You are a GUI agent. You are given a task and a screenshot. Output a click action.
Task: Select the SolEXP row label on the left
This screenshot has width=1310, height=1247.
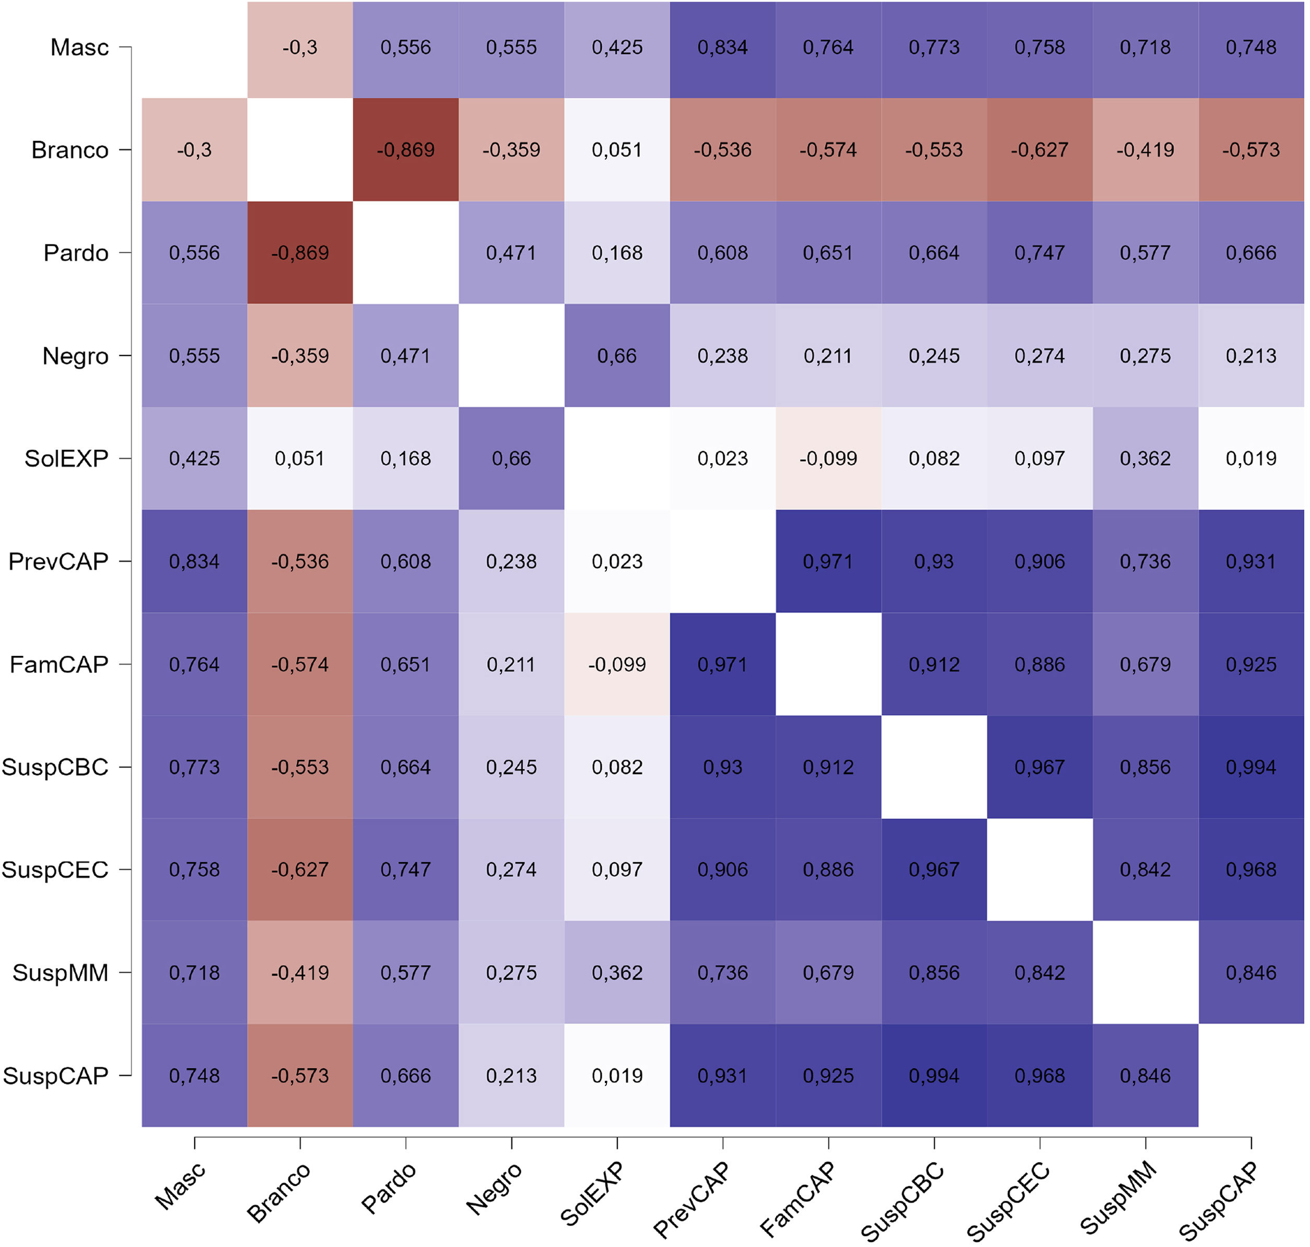pos(66,458)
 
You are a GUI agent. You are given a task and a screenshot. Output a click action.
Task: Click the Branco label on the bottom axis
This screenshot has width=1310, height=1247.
pos(278,1193)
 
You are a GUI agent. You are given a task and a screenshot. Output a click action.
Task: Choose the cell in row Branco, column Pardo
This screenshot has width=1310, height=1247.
pos(406,149)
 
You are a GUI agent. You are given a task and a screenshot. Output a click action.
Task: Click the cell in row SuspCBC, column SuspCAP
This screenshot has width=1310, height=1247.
pos(1251,767)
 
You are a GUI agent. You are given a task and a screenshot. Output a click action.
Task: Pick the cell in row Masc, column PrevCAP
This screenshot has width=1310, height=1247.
pos(723,47)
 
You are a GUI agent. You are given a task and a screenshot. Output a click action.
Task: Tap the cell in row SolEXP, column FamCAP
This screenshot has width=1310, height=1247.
pos(828,458)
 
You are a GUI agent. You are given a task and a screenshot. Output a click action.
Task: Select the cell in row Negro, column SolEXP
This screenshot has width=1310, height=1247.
pos(617,356)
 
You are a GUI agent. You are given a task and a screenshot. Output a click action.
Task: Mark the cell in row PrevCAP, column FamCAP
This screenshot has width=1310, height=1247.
pos(828,562)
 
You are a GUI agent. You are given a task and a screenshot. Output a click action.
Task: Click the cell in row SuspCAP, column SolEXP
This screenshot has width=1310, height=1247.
pos(617,1076)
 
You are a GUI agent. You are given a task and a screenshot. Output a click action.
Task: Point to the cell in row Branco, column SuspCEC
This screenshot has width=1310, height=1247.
pos(1040,149)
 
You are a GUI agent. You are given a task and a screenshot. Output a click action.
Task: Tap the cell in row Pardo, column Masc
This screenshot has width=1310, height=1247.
pos(194,253)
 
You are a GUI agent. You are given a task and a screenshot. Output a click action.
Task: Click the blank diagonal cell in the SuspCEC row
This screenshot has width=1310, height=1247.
pos(1040,869)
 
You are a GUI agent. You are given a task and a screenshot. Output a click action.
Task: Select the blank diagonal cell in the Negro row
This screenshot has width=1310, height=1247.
pos(511,356)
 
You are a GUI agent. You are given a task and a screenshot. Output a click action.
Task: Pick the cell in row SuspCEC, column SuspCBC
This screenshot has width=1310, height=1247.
pos(934,869)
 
